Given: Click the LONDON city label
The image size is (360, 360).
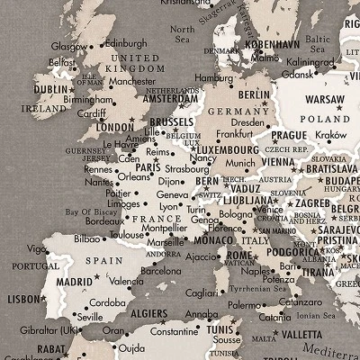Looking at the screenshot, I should click(x=114, y=127).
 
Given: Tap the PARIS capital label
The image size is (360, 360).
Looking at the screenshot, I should click(x=147, y=166).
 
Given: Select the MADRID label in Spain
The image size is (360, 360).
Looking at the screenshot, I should click(x=74, y=282).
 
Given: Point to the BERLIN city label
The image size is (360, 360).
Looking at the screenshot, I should click(x=255, y=94).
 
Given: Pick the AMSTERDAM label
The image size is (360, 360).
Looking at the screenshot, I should click(x=170, y=99).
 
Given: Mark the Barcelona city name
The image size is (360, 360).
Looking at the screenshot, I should click(x=161, y=270).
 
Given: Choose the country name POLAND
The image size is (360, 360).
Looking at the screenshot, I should click(x=325, y=119).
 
